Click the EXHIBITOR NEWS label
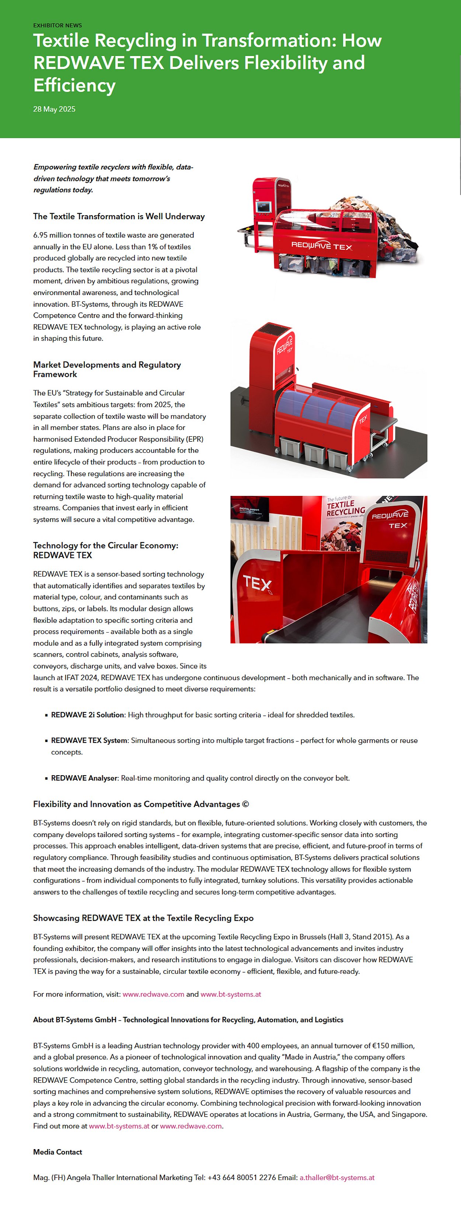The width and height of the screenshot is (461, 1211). coord(57,25)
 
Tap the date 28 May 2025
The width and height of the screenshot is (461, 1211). coord(54,109)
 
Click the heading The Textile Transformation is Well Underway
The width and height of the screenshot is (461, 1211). coord(119,216)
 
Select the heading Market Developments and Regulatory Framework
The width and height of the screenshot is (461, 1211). coord(107,369)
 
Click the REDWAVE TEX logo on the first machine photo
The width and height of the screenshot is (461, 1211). coord(321,245)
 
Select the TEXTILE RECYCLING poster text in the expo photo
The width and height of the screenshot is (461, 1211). coord(346,507)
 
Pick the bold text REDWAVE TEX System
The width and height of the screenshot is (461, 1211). coord(89,741)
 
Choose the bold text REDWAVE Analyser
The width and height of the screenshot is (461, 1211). coord(84,778)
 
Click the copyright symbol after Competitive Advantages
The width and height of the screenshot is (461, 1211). coord(245,804)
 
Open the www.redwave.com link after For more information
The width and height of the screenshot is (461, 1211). coord(153,994)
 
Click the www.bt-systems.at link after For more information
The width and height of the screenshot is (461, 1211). coord(231,994)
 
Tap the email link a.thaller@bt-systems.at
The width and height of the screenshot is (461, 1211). coord(337,1177)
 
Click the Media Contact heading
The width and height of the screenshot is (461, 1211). coord(57,1152)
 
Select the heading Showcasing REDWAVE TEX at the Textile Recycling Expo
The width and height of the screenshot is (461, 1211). coord(143,918)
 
